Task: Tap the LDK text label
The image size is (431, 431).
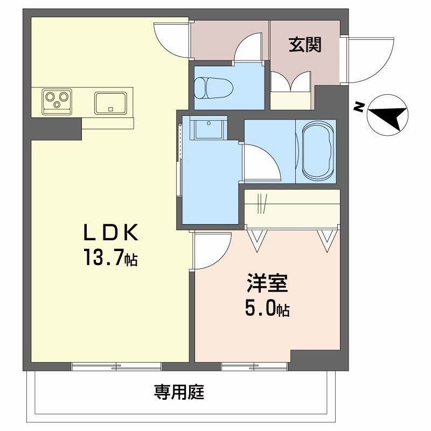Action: [x=111, y=233]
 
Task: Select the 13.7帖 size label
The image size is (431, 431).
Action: [x=109, y=259]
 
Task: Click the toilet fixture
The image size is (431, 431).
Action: [x=212, y=87]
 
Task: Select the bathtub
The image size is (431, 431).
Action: [x=318, y=151]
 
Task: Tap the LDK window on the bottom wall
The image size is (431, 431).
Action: [x=116, y=367]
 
